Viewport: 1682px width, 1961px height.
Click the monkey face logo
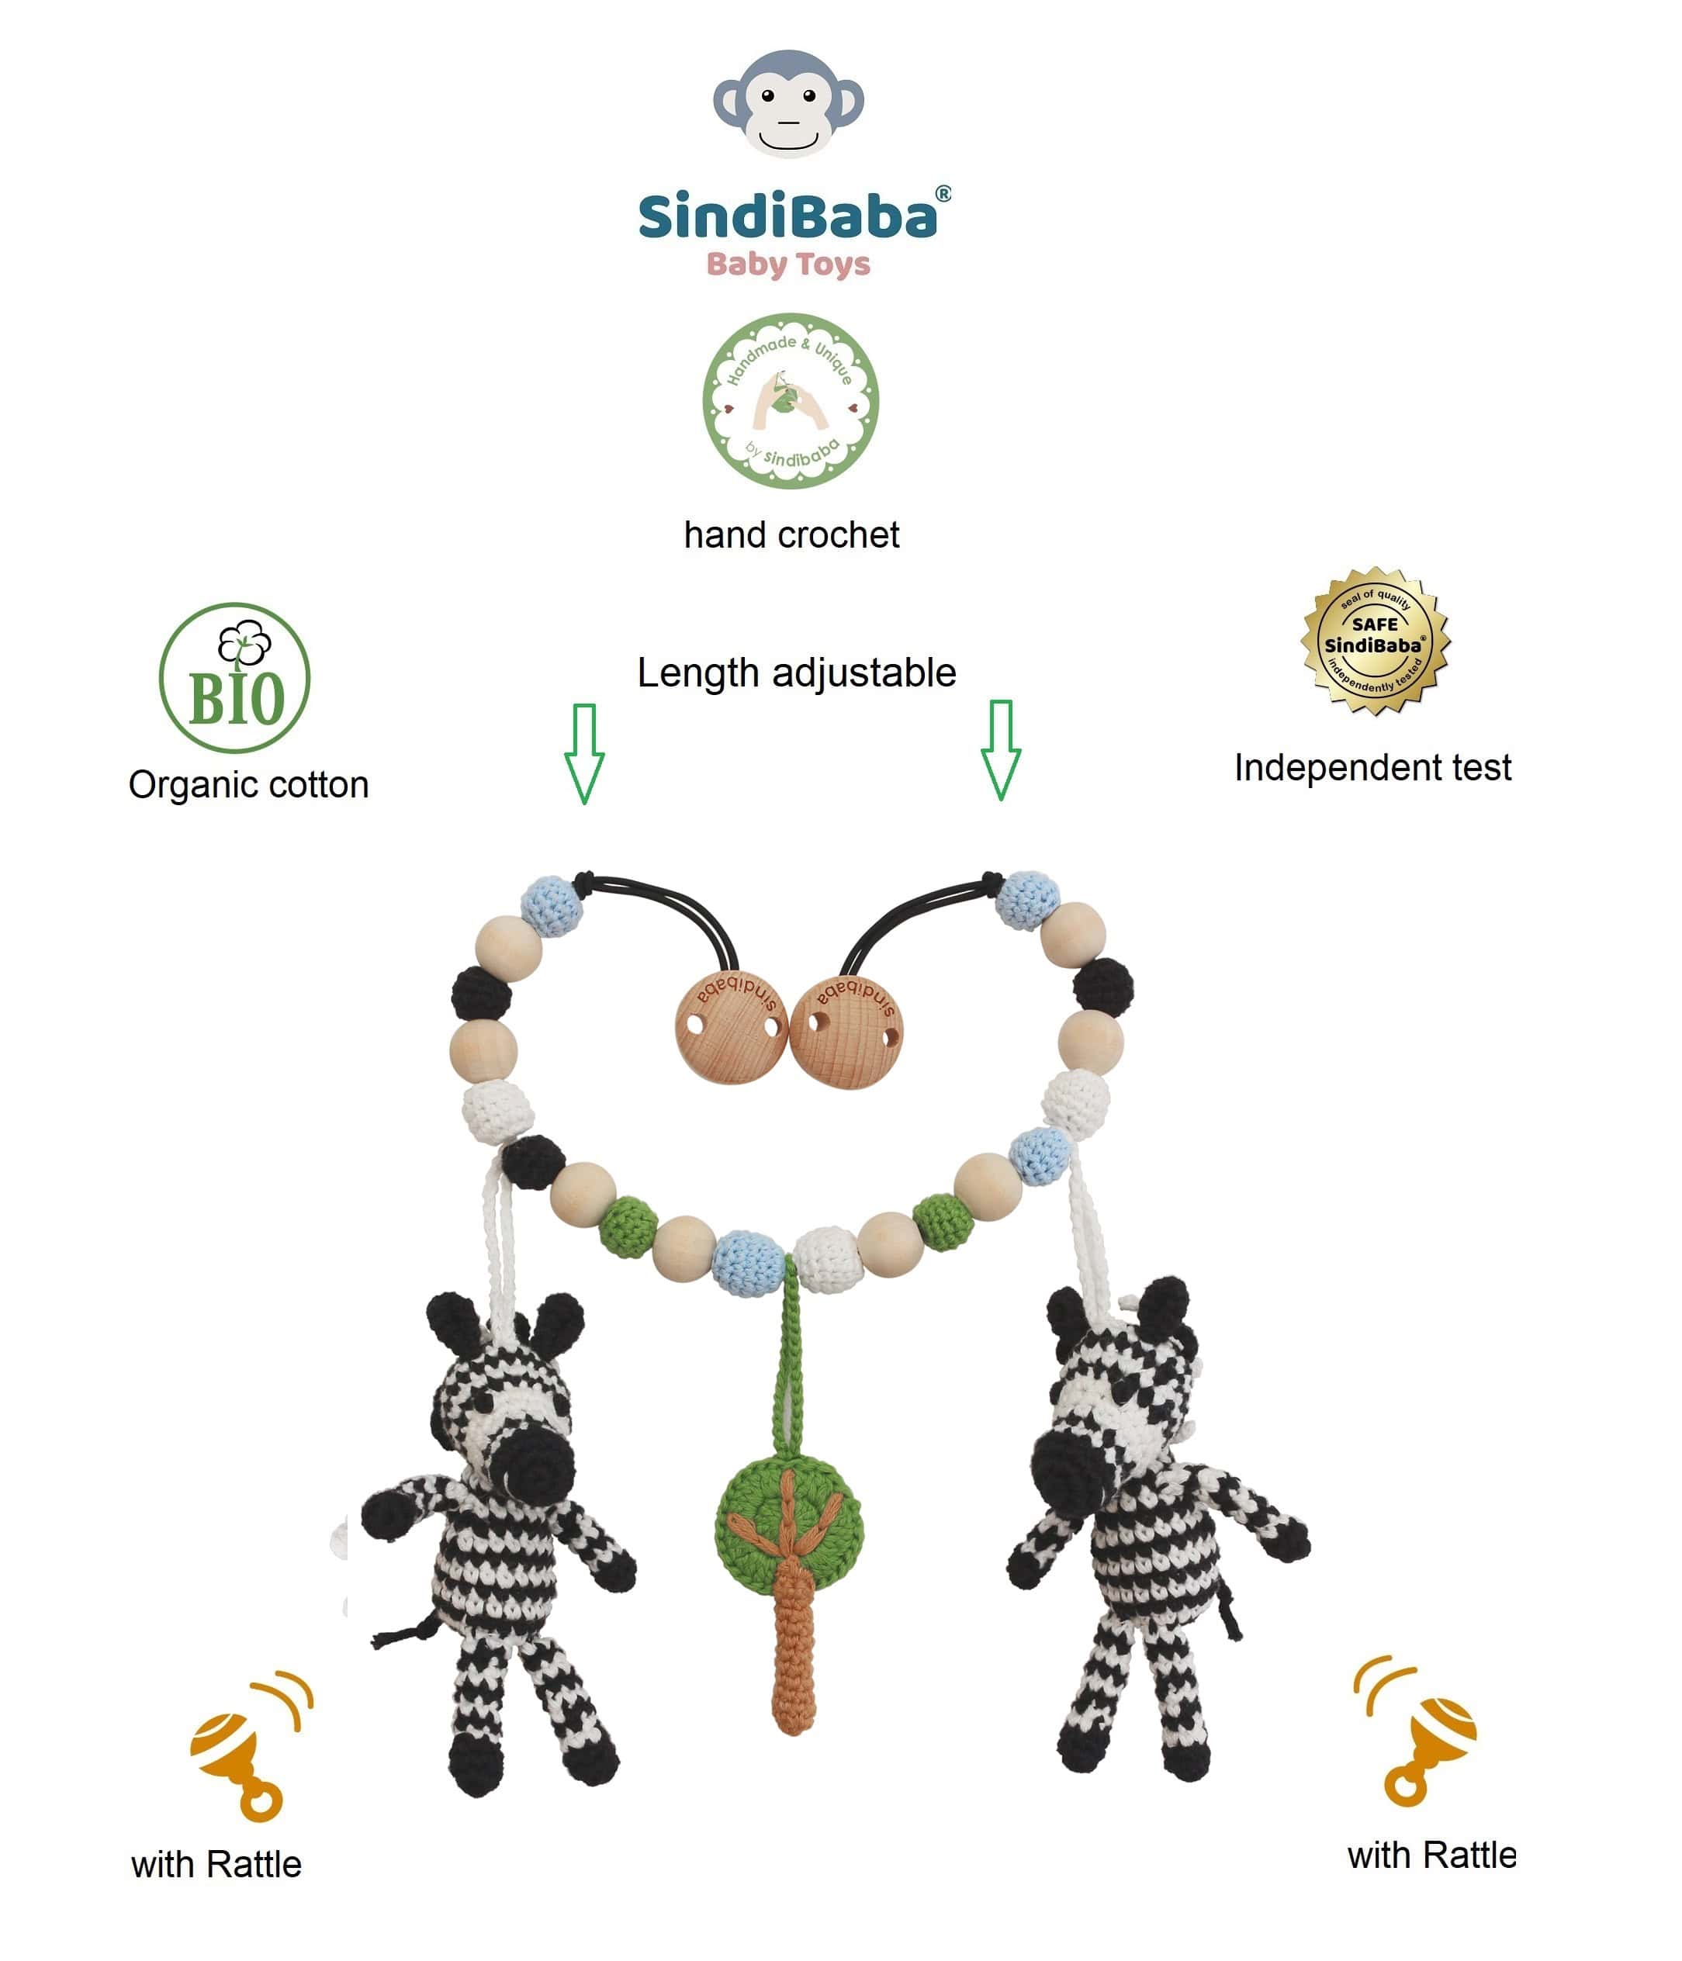787,103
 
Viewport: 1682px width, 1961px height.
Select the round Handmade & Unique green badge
791,401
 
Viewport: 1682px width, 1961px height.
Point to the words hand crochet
791,536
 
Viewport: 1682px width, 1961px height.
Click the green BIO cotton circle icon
235,678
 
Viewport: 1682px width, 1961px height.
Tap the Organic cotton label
249,784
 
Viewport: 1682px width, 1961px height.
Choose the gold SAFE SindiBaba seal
1376,641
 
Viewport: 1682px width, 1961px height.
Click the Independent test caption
1372,767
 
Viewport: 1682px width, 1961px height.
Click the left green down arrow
584,754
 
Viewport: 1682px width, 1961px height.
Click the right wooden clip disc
846,1029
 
